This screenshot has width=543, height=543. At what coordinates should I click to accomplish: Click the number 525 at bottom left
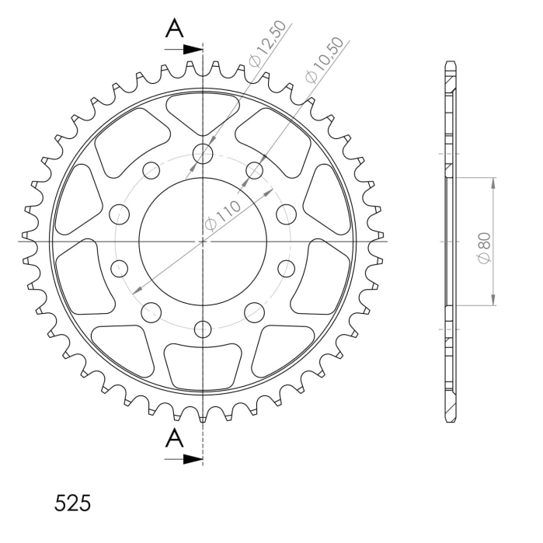72,503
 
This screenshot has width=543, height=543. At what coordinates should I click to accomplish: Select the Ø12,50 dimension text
268,44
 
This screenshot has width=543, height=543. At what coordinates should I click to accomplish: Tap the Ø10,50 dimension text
325,60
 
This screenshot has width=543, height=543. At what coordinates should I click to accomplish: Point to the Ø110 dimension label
222,215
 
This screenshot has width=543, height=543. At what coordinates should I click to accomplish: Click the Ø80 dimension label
485,248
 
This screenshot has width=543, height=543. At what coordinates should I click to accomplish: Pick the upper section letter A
174,29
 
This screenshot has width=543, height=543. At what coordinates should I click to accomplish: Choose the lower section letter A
174,437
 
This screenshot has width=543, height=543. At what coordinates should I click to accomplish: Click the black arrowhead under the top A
193,50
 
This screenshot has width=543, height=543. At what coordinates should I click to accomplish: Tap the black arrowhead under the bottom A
193,459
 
